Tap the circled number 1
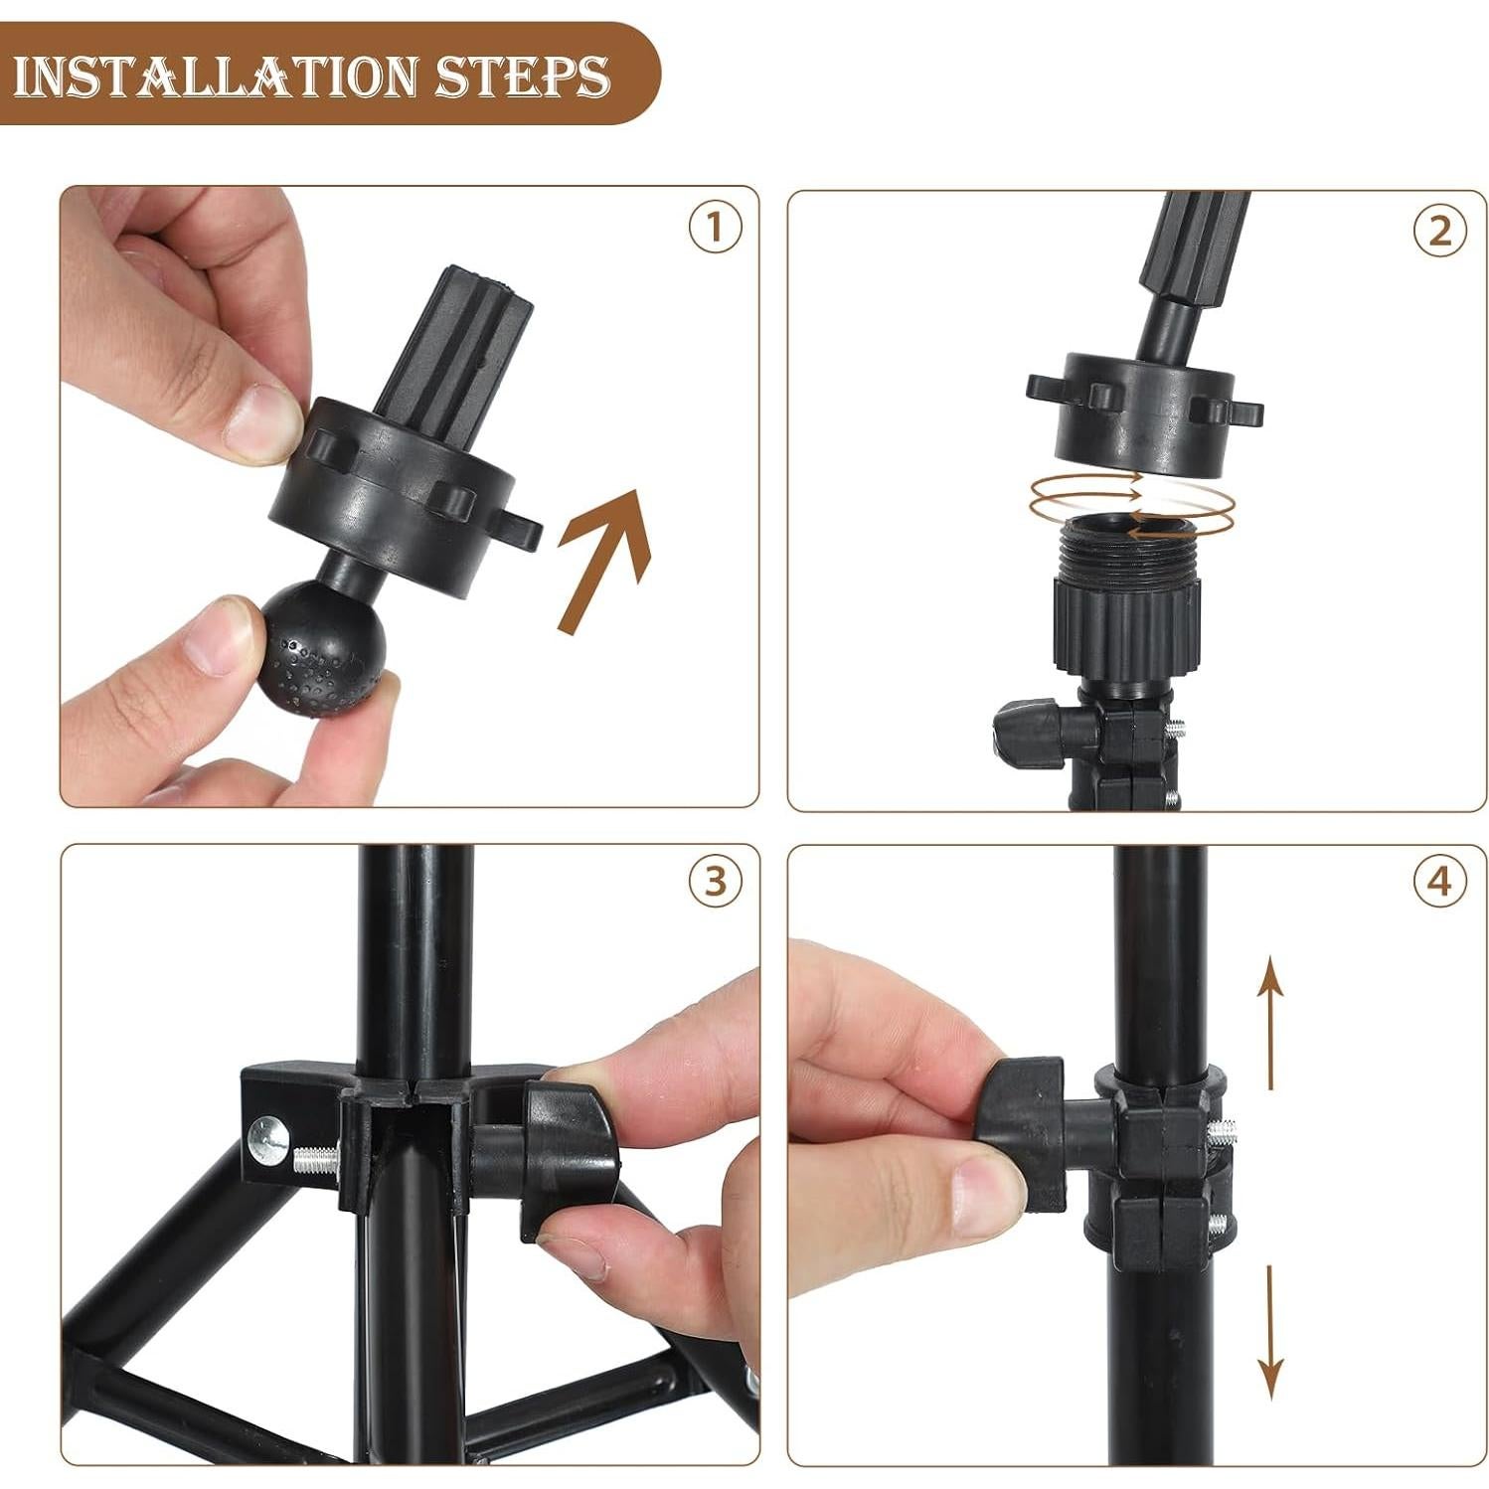[715, 228]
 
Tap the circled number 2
[1439, 231]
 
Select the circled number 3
[715, 881]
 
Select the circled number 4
[1439, 881]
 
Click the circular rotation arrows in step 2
[1131, 505]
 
